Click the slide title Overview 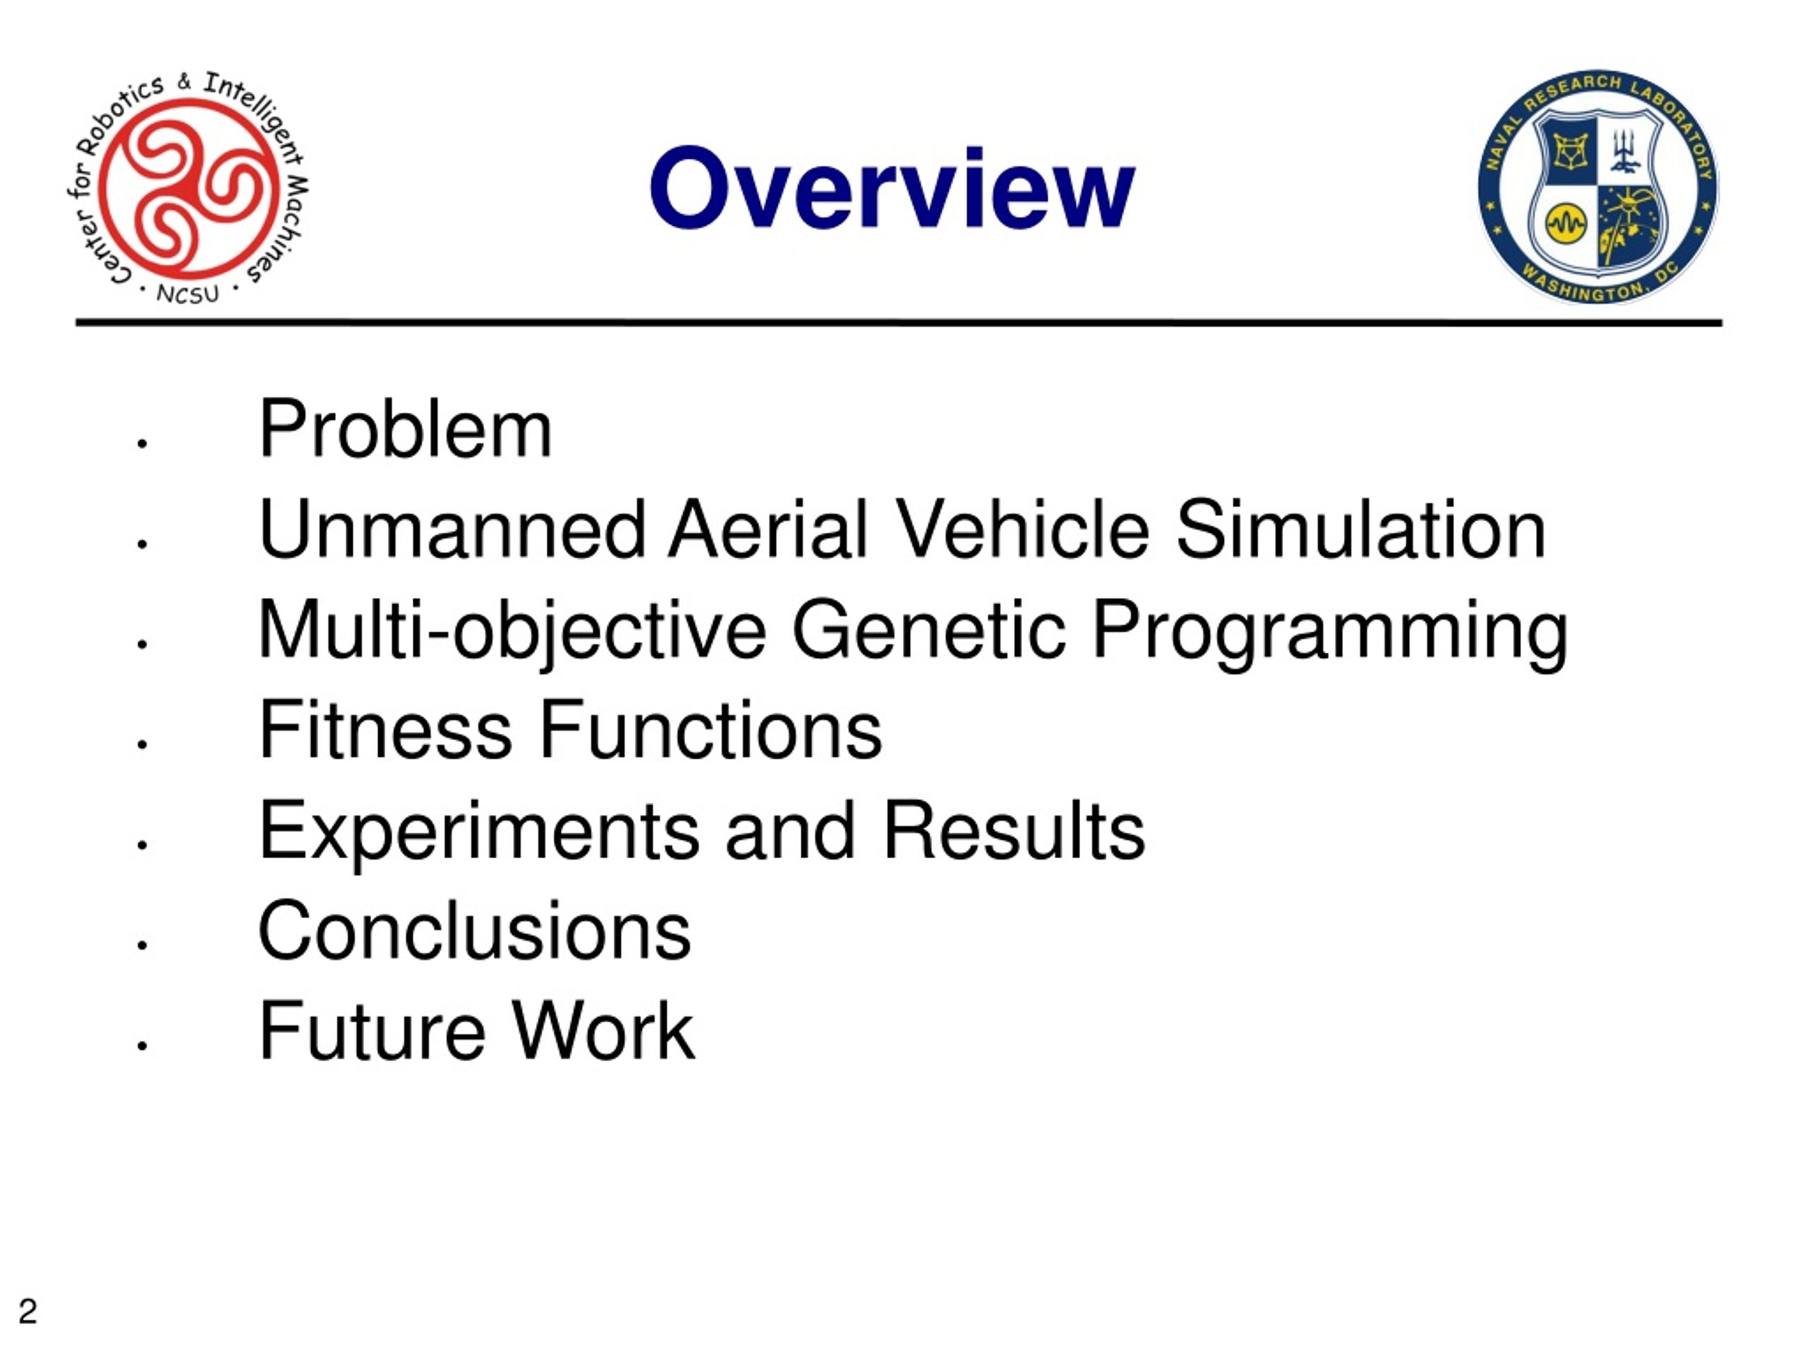892,188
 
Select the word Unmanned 452,530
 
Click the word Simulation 1360,530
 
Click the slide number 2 28,1311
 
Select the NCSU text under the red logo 188,294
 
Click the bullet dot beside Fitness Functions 142,744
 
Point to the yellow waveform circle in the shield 1566,223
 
